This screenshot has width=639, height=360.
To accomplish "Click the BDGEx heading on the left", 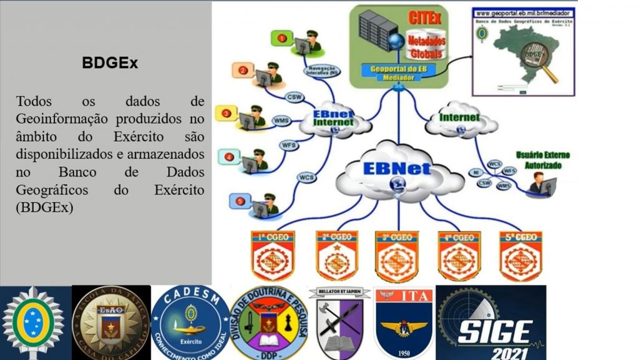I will (x=110, y=63).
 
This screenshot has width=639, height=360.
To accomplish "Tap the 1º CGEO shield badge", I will (x=273, y=255).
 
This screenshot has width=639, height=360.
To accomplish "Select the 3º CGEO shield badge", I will (x=397, y=255).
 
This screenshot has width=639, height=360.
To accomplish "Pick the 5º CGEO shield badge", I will (x=520, y=255).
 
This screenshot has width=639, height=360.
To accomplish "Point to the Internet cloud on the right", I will (x=460, y=118).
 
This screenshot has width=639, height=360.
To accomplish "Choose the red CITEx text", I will (x=425, y=19).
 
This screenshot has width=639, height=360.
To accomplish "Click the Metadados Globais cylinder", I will (x=425, y=46).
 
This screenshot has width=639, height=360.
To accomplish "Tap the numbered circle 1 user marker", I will (x=282, y=38).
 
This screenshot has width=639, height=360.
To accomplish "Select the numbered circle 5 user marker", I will (x=241, y=201).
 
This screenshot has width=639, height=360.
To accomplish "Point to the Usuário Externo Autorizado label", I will (x=542, y=160).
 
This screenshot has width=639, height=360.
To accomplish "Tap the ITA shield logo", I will (x=404, y=323).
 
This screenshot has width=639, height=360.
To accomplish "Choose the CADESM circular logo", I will (x=190, y=323).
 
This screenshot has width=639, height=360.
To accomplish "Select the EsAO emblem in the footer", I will (x=111, y=323).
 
